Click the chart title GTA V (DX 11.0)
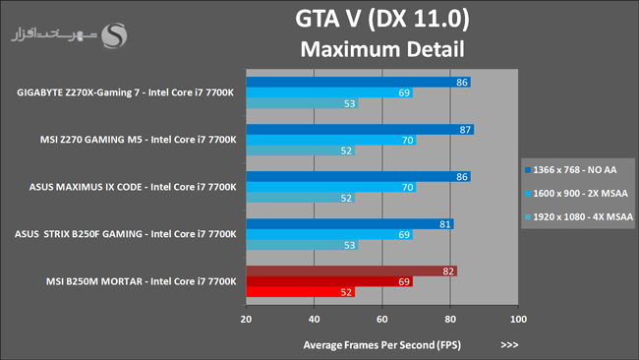click(382, 19)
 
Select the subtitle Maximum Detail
click(382, 49)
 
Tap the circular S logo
click(114, 35)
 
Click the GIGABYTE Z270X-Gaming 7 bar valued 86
click(358, 82)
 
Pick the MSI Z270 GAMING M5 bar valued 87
click(360, 130)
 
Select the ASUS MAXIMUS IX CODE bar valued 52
click(301, 198)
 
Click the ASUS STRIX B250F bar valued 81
click(350, 224)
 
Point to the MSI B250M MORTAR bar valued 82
click(351, 271)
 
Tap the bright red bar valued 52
click(301, 292)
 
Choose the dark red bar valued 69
click(329, 281)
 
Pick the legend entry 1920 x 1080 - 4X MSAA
click(579, 217)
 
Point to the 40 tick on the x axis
click(314, 319)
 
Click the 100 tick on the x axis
click(518, 319)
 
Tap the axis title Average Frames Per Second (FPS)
click(381, 345)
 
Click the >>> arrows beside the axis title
click(509, 345)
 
